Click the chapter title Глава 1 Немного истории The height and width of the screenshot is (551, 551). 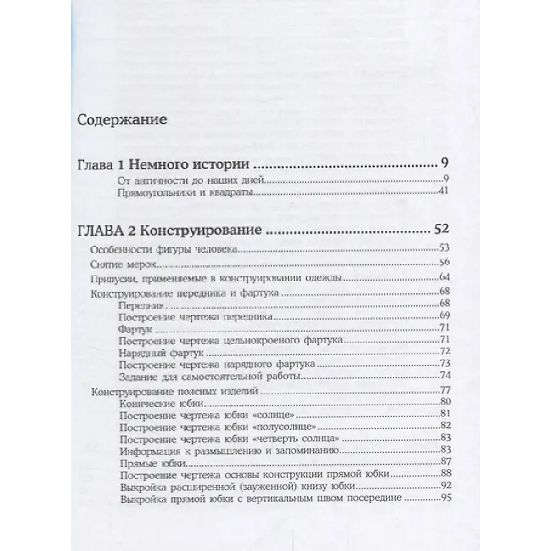pyautogui.click(x=163, y=165)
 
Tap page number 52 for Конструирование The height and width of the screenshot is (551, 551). pyautogui.click(x=440, y=230)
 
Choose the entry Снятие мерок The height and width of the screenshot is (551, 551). pyautogui.click(x=125, y=265)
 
